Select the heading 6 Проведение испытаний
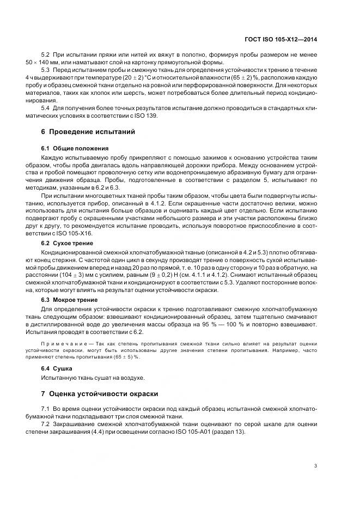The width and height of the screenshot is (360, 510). click(84, 132)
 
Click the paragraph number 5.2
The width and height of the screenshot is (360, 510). click(46, 54)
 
